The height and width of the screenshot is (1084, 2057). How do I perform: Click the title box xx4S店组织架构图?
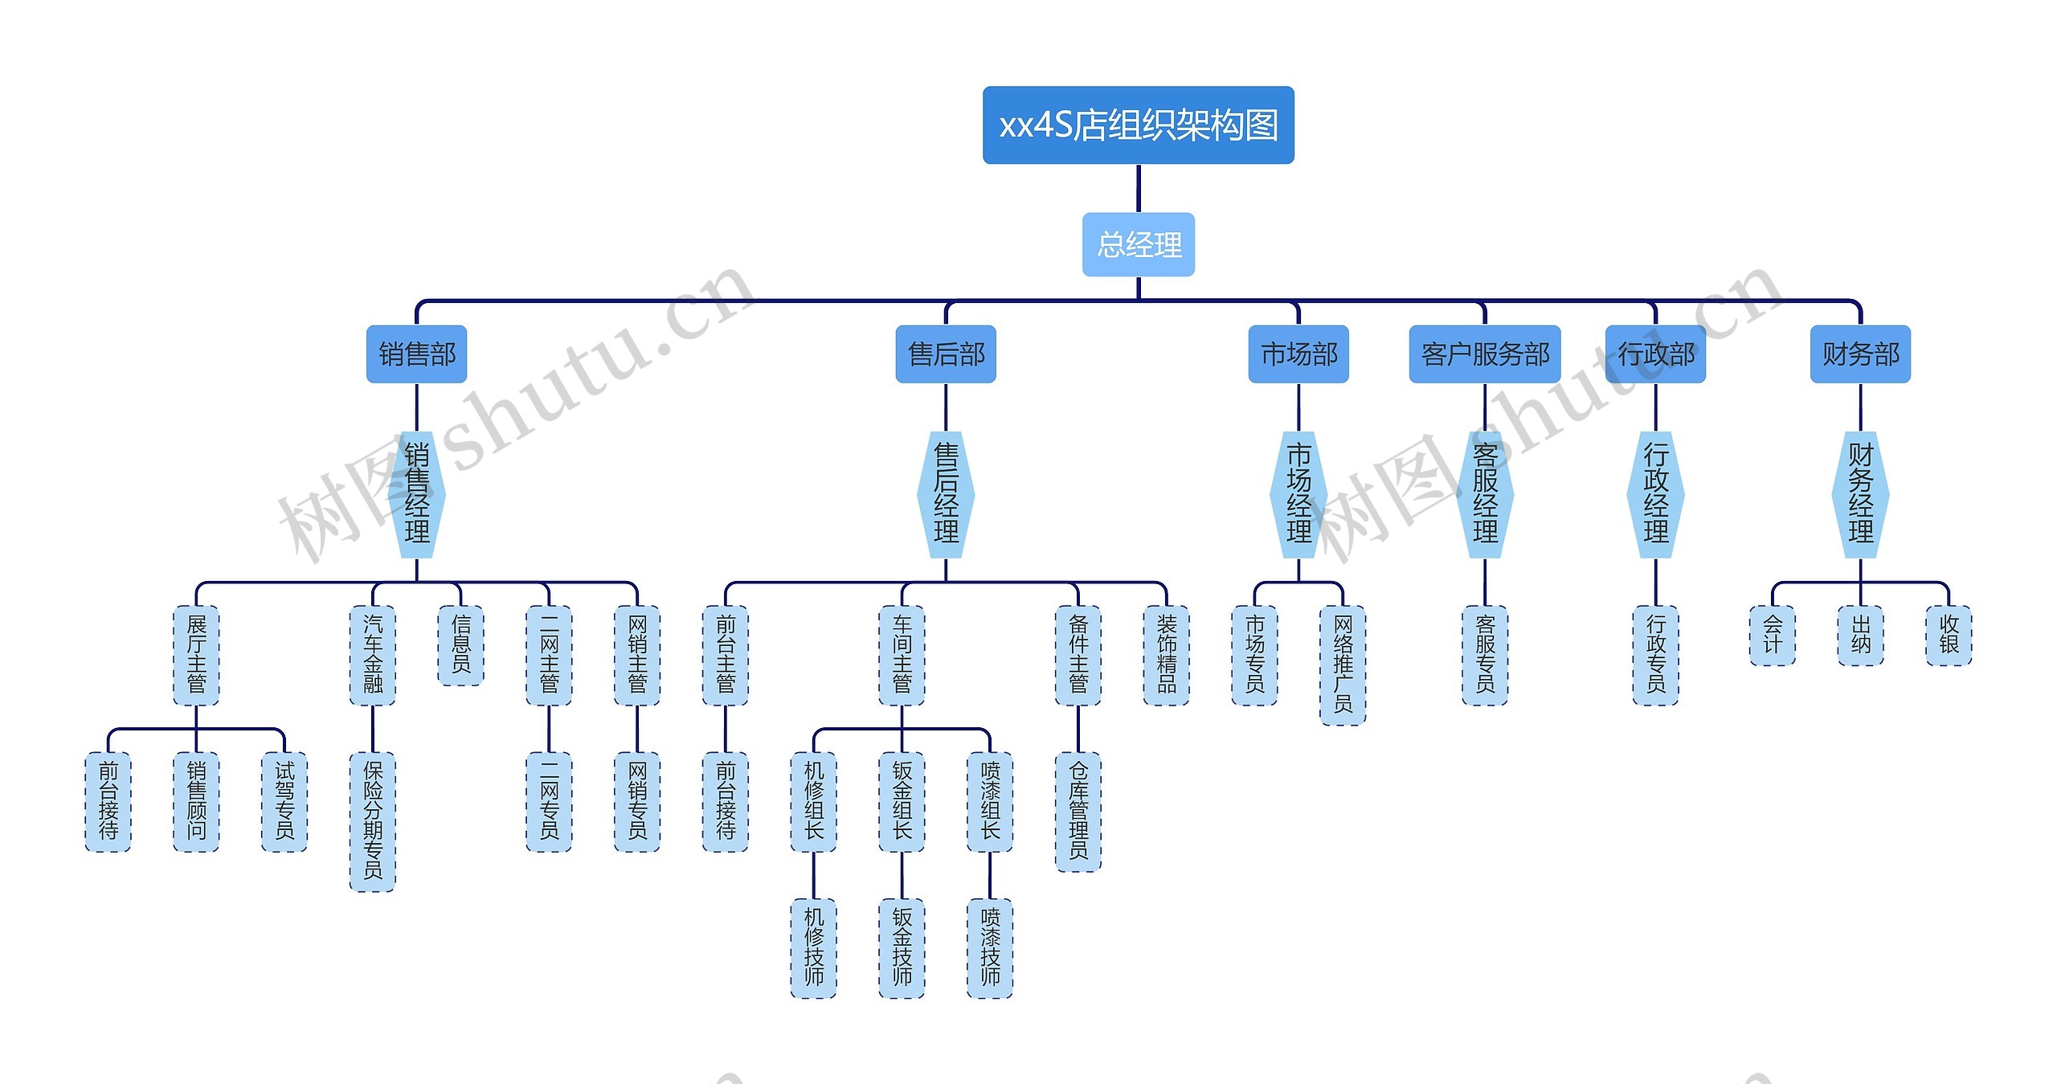coord(1138,125)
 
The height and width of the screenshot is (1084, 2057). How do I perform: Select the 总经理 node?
coord(1138,244)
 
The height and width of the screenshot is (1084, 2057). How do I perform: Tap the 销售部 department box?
coord(416,354)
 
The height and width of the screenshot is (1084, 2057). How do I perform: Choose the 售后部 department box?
coord(946,354)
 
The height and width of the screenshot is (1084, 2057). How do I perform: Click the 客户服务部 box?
coord(1484,354)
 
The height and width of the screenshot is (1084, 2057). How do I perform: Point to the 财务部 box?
coord(1860,354)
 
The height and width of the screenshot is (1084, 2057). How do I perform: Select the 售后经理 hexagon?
coord(946,494)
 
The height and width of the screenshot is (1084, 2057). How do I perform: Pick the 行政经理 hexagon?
coord(1655,494)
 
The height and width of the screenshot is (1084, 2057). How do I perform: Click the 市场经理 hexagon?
coord(1298,494)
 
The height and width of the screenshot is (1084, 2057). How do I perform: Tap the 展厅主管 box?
coord(196,655)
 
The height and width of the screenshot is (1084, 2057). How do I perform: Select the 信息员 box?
coord(460,644)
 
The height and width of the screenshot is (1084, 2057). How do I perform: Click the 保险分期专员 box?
coord(372,821)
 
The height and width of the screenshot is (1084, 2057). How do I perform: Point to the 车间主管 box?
coord(902,655)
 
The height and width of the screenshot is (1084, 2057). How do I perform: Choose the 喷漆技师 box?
coord(990,948)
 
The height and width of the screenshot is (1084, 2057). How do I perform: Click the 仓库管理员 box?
coord(1078,812)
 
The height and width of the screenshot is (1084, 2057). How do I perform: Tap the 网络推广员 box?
coord(1343,665)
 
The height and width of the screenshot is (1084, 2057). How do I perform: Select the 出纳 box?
coord(1860,635)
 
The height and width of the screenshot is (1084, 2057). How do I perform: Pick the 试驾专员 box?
coord(284,801)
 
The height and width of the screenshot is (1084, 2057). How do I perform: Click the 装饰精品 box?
coord(1166,655)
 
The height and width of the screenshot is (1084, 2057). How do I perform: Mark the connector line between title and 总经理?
coord(1138,188)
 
